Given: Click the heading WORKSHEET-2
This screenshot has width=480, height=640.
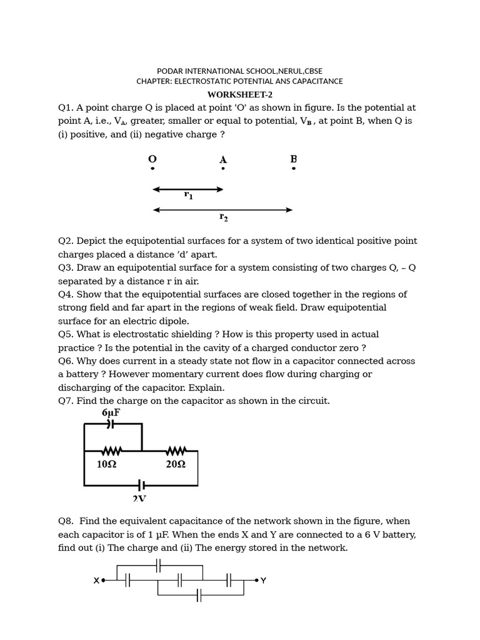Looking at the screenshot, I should tap(239, 94).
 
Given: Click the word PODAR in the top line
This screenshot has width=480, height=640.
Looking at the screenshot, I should tap(169, 71).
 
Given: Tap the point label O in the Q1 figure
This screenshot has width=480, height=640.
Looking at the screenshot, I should tap(152, 159).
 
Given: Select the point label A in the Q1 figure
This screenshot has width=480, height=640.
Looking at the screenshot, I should tap(222, 159).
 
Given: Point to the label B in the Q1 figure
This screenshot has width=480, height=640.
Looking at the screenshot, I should tap(293, 159).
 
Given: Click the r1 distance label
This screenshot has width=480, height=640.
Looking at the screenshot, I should tap(188, 196).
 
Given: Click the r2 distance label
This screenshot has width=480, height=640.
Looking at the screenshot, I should tap(223, 217).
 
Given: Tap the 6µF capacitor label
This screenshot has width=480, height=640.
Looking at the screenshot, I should tap(111, 413).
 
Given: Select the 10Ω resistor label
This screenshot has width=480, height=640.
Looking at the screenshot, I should tap(106, 464).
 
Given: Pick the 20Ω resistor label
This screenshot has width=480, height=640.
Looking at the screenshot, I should tap(176, 464).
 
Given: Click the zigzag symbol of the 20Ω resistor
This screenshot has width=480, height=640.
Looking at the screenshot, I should tap(176, 451).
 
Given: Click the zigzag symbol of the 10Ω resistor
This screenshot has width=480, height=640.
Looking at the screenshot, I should tap(111, 451).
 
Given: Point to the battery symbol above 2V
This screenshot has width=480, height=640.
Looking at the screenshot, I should tap(141, 485).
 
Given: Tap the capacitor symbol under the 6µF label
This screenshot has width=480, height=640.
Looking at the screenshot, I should tap(111, 424).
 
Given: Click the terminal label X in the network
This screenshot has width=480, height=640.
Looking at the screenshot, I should tap(96, 581).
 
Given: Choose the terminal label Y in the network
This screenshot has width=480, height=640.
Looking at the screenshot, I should tap(263, 581).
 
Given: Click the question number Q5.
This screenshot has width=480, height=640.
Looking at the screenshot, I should tap(66, 334).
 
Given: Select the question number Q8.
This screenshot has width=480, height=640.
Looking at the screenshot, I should tap(66, 521).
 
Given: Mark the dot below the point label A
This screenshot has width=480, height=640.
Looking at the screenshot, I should tap(222, 169).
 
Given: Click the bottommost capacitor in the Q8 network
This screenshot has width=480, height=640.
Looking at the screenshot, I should tap(199, 595).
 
